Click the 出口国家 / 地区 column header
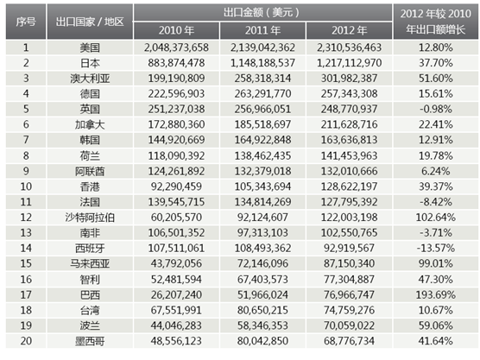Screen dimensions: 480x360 click(90, 22)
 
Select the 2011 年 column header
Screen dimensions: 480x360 click(262, 30)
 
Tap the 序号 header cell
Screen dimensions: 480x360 click(26, 22)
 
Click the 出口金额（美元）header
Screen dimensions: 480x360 click(262, 13)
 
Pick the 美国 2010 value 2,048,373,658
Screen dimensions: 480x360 click(176, 47)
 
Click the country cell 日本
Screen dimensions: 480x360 click(90, 63)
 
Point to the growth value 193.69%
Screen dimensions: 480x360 click(436, 294)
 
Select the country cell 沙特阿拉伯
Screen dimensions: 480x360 click(90, 218)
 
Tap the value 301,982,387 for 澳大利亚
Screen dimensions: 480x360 click(349, 79)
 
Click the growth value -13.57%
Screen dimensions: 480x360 click(436, 249)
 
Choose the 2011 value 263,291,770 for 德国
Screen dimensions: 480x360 click(262, 94)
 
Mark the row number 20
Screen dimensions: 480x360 click(26, 341)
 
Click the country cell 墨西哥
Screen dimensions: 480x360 click(90, 341)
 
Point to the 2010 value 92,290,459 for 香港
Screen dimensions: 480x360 click(176, 186)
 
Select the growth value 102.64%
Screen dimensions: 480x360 click(436, 218)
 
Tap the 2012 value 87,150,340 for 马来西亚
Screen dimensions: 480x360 click(349, 263)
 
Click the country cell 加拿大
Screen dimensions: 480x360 click(90, 124)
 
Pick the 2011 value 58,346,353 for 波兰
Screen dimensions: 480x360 click(262, 325)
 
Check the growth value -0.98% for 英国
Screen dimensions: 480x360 click(436, 109)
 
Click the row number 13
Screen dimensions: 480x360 click(26, 232)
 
